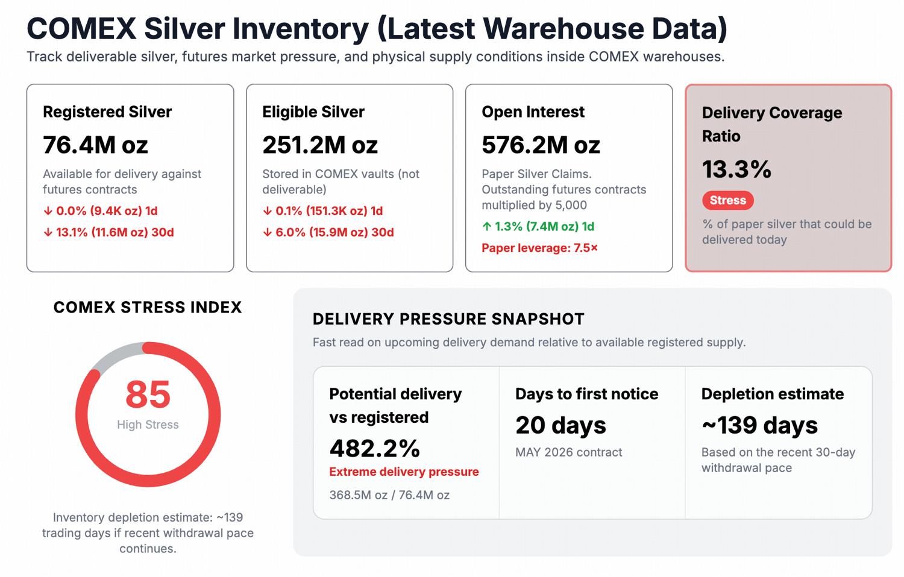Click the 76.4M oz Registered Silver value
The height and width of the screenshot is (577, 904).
coord(95,145)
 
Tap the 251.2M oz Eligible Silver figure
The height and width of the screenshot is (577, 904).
coord(319,145)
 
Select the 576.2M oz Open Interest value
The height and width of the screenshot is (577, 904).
coord(541,145)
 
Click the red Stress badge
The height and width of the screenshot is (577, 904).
coord(727,201)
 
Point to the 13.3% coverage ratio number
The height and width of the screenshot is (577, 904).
coord(736,170)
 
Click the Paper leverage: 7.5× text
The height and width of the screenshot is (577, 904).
coord(539,248)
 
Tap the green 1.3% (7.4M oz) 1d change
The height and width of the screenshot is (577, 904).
coord(538,226)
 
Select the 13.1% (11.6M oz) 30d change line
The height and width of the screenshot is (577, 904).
coord(108,232)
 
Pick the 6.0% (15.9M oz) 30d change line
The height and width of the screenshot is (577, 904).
coord(328,232)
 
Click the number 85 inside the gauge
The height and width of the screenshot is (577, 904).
coord(148,395)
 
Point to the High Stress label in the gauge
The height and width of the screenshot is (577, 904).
coord(148,425)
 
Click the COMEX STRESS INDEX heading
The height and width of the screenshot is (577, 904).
coord(148,307)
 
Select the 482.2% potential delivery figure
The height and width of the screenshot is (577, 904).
coord(374,448)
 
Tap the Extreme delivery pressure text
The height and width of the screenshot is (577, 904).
coord(404,472)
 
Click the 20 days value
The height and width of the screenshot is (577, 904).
coord(560,425)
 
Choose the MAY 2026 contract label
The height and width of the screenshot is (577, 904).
coord(568,452)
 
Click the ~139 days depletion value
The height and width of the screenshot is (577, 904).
coord(759,425)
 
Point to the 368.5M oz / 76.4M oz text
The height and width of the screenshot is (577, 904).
coord(389,495)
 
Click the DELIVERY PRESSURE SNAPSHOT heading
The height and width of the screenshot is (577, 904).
coord(448,319)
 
